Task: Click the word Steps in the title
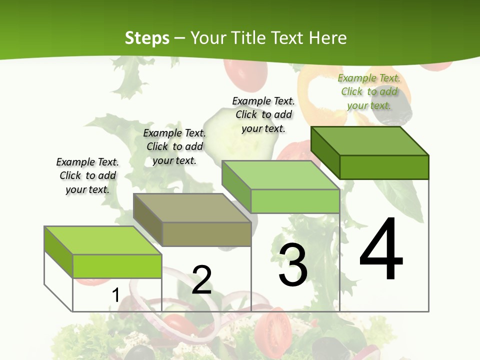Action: [x=147, y=38]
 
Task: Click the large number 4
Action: [x=381, y=249]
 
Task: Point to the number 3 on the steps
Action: [x=293, y=265]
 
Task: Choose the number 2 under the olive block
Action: [x=202, y=279]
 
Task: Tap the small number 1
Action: [x=115, y=295]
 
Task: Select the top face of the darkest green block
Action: [x=369, y=140]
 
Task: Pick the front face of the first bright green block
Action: [x=117, y=266]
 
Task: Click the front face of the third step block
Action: [x=295, y=201]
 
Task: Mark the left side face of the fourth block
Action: [x=325, y=152]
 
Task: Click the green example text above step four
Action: [x=369, y=91]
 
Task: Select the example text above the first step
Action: [x=87, y=175]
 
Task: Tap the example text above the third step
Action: [x=263, y=114]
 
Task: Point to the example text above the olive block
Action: [x=174, y=146]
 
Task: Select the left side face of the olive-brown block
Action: [x=147, y=220]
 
